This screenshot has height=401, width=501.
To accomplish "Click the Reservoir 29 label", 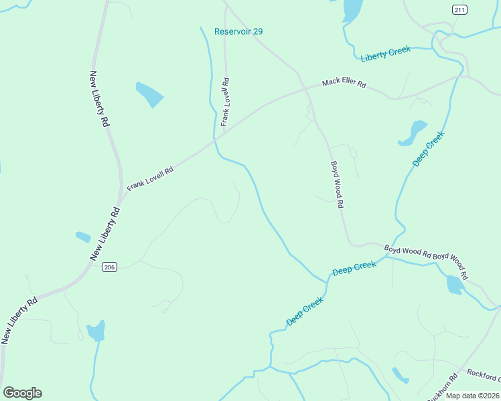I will coord(238,31).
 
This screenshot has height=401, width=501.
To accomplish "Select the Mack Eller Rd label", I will coord(344,84).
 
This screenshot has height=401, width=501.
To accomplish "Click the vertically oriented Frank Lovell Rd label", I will coord(226,102).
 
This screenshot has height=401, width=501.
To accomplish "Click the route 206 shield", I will coord(110,267).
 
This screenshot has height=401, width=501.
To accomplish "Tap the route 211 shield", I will coord(459,9).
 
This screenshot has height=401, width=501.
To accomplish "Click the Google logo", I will coord(22,393).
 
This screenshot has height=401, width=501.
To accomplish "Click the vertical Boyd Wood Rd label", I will coord(336,184).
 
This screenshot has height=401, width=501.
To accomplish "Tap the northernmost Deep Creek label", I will coord(428,149).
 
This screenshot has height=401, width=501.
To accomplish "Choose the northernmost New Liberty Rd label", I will coord(99,99).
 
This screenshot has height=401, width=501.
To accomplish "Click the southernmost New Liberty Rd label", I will coord(19,321).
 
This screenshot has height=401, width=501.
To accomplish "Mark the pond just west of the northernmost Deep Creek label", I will coord(413,132).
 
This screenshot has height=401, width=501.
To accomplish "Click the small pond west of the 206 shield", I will coord(83,237).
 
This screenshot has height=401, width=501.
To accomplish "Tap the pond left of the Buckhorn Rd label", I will coord(400,375).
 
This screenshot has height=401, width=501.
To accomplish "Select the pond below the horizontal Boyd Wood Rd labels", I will coord(455,285).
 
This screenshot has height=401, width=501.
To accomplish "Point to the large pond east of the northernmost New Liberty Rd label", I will coord(149,94).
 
